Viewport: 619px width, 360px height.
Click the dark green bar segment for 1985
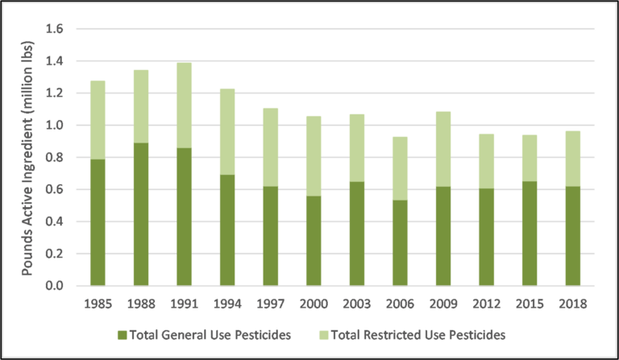click(x=98, y=222)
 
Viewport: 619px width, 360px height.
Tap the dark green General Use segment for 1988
click(x=141, y=214)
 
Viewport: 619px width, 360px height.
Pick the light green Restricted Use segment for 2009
click(x=442, y=149)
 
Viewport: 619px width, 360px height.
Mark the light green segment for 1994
click(x=227, y=131)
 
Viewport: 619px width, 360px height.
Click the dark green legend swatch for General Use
click(x=123, y=333)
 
